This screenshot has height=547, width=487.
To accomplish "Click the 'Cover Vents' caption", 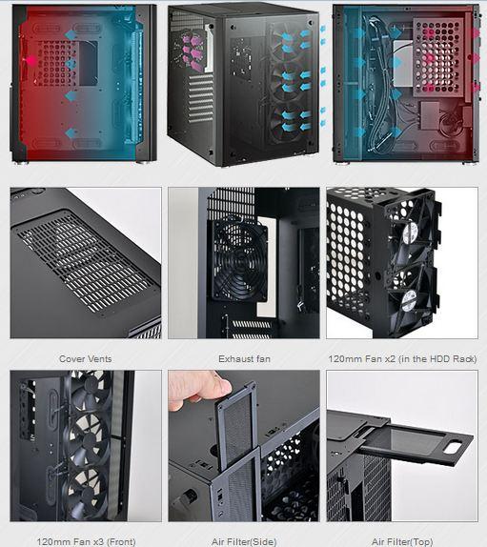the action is coord(86,358).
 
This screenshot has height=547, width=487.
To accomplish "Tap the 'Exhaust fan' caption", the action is coord(244,358).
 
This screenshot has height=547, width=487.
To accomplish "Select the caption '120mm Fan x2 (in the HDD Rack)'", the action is coord(402,358).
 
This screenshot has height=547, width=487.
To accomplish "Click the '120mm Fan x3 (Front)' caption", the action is coord(86,542).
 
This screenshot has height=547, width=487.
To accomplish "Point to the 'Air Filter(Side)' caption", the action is coord(244,542).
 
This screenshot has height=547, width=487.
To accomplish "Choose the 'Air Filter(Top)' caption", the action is coord(402,542).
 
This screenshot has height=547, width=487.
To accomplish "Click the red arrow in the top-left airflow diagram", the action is coord(30,61).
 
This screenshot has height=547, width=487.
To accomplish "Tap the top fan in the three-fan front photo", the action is coord(90,390).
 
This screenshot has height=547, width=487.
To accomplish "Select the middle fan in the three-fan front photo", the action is coord(88,439).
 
